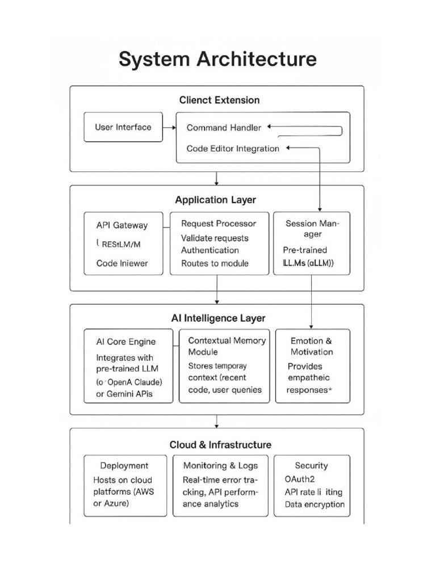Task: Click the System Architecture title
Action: tap(217, 59)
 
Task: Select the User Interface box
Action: tap(123, 127)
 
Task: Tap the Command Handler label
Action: tap(224, 128)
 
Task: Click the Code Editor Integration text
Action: tap(233, 149)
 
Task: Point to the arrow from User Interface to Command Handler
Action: tap(169, 128)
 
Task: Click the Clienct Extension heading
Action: tap(219, 100)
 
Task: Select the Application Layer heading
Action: tap(215, 200)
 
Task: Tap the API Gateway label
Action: tap(121, 225)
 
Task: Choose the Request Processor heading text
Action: tap(218, 224)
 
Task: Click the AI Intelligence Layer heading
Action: tap(218, 318)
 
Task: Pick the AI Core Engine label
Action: tap(125, 342)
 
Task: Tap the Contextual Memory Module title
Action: tap(227, 346)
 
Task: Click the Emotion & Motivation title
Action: tap(312, 346)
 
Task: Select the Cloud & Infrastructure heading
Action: tap(220, 445)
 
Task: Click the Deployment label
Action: tap(124, 466)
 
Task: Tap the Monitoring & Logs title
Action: tap(220, 466)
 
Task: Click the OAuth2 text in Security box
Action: tap(299, 479)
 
